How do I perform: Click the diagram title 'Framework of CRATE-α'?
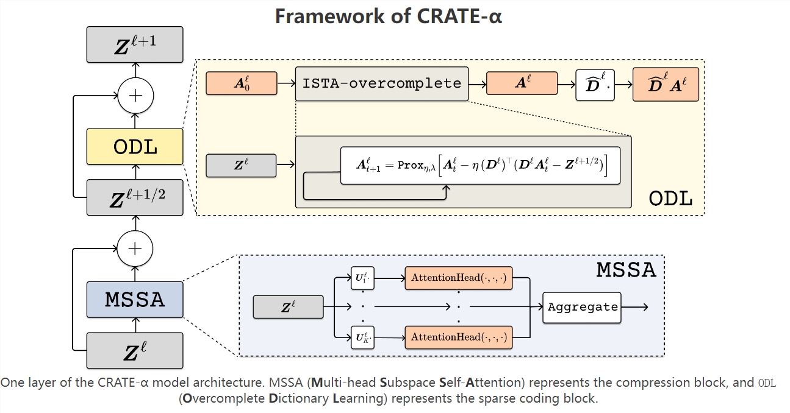(389, 16)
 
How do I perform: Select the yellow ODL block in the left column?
(135, 147)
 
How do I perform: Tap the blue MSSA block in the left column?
(135, 299)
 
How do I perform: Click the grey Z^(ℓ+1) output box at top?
(135, 44)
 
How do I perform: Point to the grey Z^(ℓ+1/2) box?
(135, 197)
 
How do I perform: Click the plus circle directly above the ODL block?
(135, 96)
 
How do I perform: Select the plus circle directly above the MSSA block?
(135, 248)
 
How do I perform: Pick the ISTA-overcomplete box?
(382, 83)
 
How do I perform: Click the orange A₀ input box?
(242, 83)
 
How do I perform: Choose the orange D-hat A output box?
(666, 84)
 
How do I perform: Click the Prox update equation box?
(480, 166)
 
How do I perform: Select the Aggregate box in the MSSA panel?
(582, 307)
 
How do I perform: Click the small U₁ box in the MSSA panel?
(362, 278)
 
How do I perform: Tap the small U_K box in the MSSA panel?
(362, 337)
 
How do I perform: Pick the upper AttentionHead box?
(458, 278)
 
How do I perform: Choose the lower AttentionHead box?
(458, 337)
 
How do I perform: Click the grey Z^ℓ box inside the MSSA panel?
(288, 307)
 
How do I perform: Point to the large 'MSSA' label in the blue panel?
(626, 270)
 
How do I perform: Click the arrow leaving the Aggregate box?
(634, 307)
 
